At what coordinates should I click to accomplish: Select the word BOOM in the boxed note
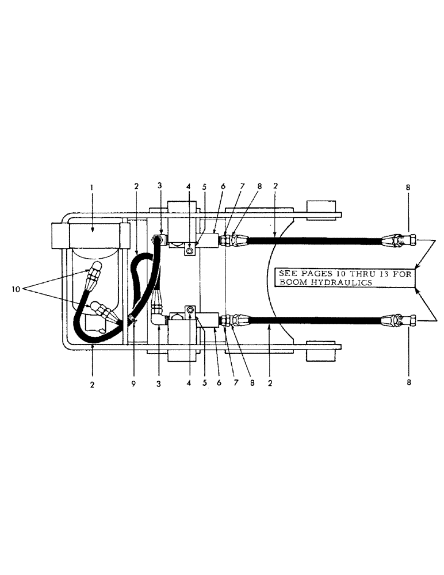point(291,283)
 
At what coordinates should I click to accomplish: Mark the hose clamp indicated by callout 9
point(132,317)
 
